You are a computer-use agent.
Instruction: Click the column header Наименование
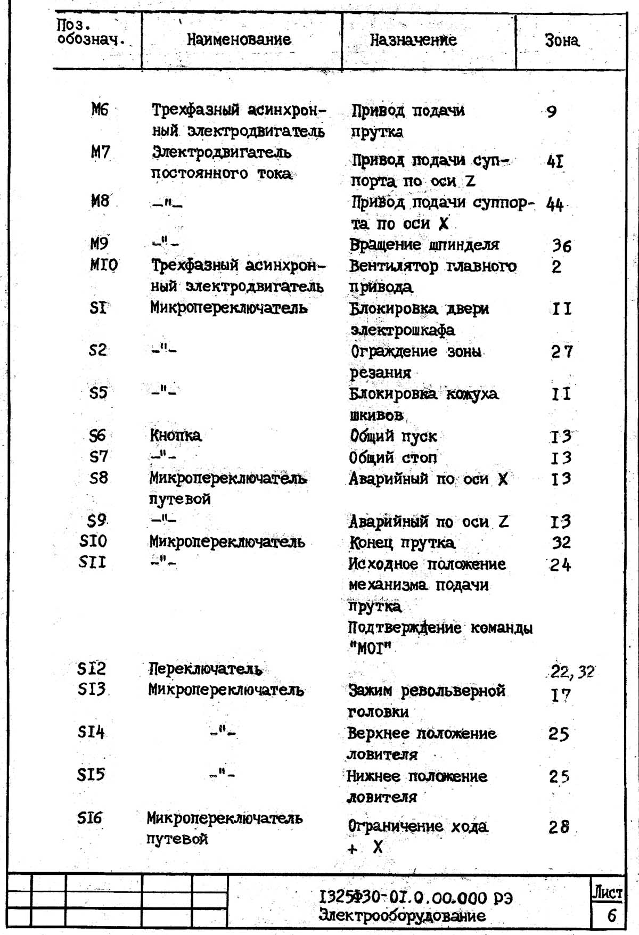click(x=239, y=39)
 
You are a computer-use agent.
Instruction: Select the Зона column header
click(x=562, y=40)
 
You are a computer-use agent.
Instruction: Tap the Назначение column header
click(x=413, y=40)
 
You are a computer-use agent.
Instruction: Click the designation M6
click(x=100, y=110)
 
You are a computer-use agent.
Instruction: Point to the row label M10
click(x=104, y=265)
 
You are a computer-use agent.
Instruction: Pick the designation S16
click(x=89, y=817)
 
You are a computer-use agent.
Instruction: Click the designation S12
click(x=92, y=668)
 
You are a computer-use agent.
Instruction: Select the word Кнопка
click(x=176, y=436)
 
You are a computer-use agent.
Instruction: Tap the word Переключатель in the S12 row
click(x=206, y=669)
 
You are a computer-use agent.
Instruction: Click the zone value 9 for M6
click(x=552, y=111)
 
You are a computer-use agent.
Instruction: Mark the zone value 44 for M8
click(x=555, y=204)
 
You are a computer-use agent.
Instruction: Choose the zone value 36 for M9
click(x=561, y=245)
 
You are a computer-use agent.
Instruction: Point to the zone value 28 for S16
click(x=559, y=827)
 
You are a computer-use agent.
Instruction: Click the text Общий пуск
click(x=393, y=436)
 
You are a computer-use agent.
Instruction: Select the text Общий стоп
click(x=393, y=457)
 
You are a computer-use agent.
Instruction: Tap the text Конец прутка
click(x=402, y=543)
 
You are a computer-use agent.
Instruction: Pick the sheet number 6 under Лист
click(x=611, y=915)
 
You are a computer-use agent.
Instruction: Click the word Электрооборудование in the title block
click(x=402, y=916)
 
